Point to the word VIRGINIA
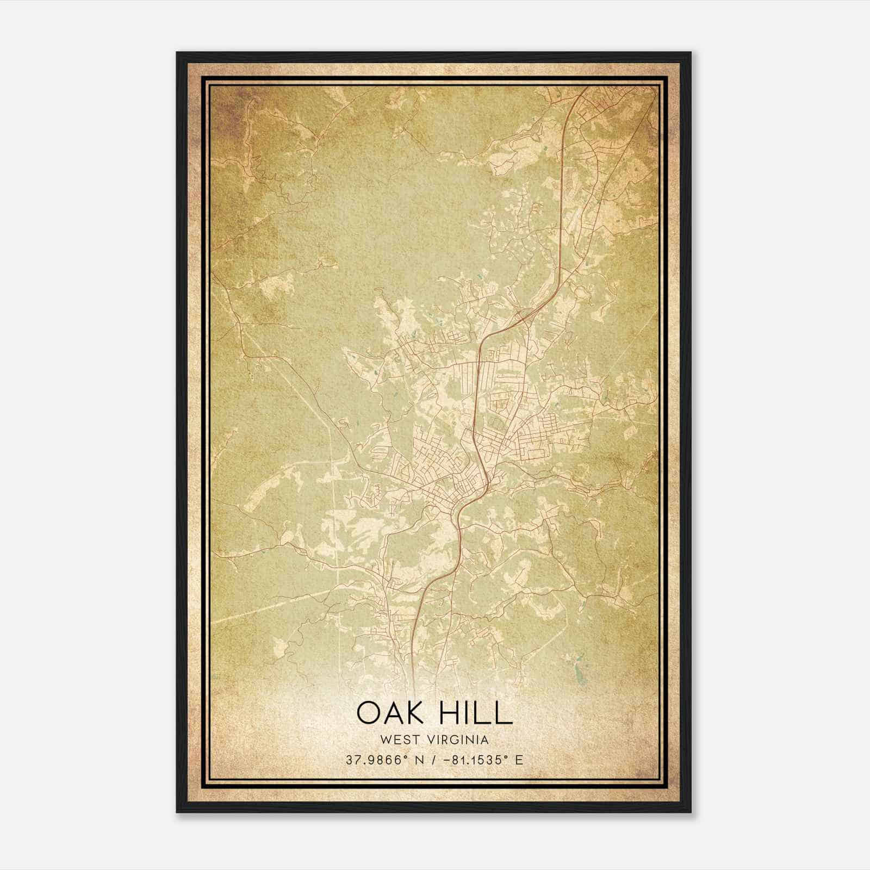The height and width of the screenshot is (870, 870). pos(459,739)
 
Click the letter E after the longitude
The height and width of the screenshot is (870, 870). pos(519,760)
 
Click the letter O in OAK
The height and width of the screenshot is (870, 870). pos(369,713)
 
